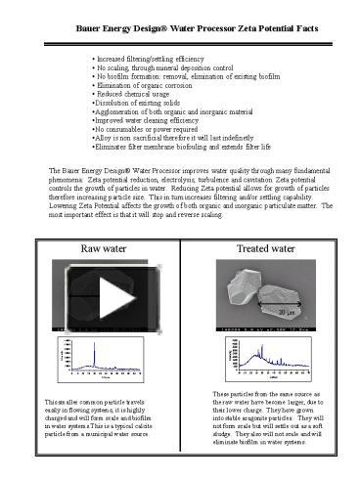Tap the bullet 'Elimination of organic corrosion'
tap(146, 85)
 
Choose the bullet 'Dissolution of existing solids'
tap(136, 103)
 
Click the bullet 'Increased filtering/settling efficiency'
tap(156, 59)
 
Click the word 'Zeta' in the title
tap(233, 29)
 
